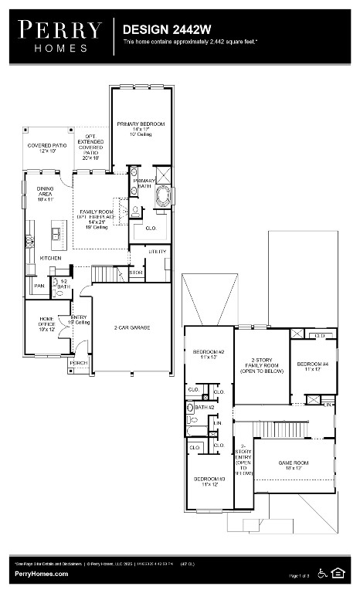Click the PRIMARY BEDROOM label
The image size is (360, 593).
(x=141, y=124)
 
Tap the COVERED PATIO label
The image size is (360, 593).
(x=48, y=145)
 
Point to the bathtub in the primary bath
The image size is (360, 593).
(x=165, y=195)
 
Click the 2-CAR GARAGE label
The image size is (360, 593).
(x=132, y=327)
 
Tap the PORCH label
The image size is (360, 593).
(x=78, y=362)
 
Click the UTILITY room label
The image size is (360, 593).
(x=158, y=252)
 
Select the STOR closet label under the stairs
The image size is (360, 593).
(x=136, y=273)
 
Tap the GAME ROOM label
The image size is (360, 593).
(x=294, y=463)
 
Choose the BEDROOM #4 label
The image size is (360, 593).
(x=314, y=364)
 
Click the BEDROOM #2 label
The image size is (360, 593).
(x=209, y=352)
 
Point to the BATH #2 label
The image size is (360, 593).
(x=205, y=407)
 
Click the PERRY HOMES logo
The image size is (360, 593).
(x=60, y=36)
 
